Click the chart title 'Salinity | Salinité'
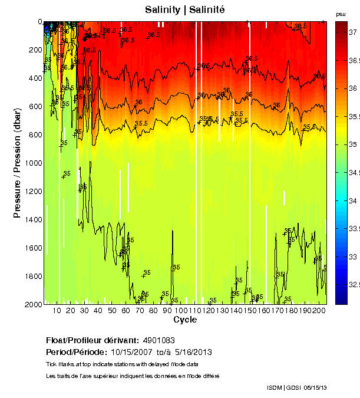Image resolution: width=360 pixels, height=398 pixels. [x=184, y=9]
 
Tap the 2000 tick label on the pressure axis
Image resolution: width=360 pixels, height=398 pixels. [x=34, y=304]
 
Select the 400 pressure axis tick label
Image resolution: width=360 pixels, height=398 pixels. [x=35, y=78]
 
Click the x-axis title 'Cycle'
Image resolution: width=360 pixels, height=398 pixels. [x=184, y=320]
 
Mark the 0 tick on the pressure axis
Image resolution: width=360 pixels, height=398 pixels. [x=39, y=22]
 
